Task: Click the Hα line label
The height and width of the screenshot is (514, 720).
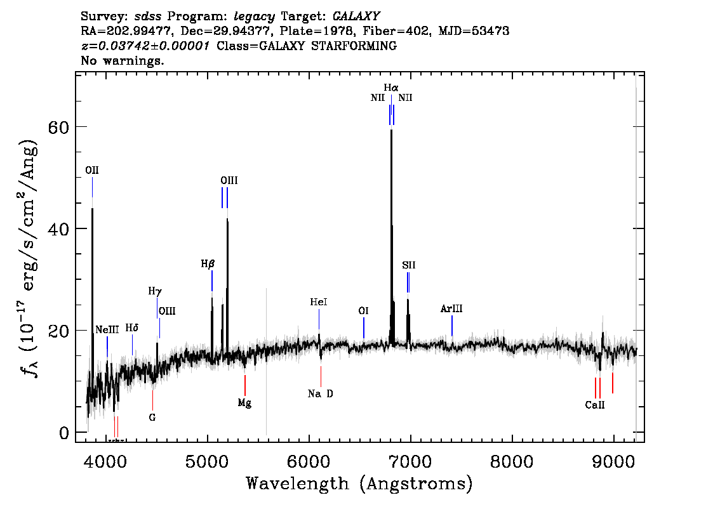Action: (391, 87)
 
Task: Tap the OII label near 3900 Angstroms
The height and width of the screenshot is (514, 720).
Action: (92, 170)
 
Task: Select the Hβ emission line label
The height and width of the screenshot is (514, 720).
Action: (208, 264)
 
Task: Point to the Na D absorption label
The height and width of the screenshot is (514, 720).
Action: (321, 393)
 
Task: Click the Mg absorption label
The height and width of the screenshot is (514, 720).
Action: (244, 403)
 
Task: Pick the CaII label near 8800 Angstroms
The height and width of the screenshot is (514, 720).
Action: (595, 405)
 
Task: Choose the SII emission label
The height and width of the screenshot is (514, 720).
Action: (409, 265)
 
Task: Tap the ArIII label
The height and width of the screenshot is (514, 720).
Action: (451, 309)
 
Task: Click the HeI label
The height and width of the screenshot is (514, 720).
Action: (319, 302)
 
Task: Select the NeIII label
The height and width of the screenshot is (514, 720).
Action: (107, 329)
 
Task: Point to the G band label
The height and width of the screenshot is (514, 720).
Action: (152, 417)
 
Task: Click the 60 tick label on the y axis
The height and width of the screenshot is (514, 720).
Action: (58, 127)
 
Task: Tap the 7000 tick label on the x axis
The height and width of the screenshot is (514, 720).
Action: (410, 462)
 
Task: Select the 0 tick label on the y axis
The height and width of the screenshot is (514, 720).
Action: (64, 433)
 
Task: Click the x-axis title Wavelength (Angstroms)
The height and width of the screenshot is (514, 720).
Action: (359, 484)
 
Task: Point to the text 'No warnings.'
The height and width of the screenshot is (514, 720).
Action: (122, 60)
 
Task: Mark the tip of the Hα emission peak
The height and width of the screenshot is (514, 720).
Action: (391, 130)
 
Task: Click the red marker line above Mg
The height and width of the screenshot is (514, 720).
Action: (244, 386)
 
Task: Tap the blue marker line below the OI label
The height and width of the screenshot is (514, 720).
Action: (364, 327)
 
